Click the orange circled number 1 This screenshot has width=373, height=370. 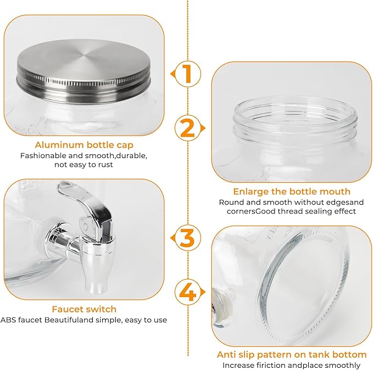click(x=187, y=74)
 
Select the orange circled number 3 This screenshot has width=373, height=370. click(x=187, y=238)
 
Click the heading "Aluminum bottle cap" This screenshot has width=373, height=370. click(x=84, y=145)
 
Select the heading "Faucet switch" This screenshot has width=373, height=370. click(x=84, y=309)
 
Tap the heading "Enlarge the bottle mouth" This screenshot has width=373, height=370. click(x=292, y=192)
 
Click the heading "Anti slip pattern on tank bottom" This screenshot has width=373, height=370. click(x=292, y=355)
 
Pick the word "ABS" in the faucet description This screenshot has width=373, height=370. click(x=8, y=320)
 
